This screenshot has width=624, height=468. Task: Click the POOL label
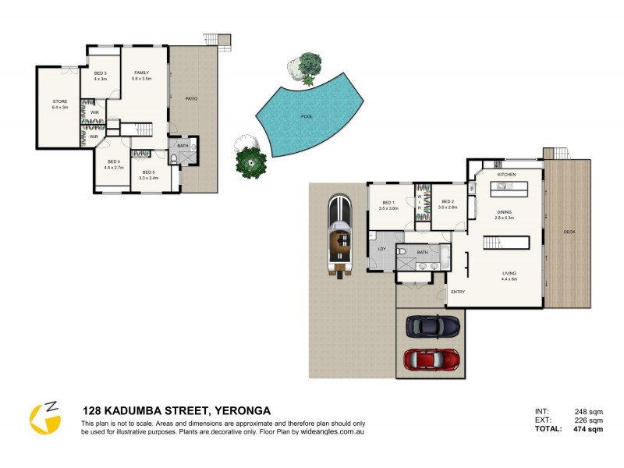click(x=307, y=115)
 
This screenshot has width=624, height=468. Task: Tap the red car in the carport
click(x=431, y=359)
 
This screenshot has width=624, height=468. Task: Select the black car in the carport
click(x=431, y=325)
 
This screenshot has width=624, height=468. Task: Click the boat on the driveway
click(x=340, y=232)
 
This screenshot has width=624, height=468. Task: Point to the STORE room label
click(x=60, y=101)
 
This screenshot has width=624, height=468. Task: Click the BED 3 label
click(x=100, y=73)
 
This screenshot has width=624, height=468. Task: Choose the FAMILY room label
click(x=141, y=73)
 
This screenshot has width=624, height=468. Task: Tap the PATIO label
click(x=190, y=98)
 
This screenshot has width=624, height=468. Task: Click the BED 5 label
click(x=148, y=172)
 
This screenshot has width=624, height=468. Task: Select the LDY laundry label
click(x=381, y=249)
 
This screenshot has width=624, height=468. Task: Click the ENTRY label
click(x=459, y=292)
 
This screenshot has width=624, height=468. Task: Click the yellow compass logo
click(x=45, y=419)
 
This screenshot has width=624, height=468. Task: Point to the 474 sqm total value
click(x=587, y=429)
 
